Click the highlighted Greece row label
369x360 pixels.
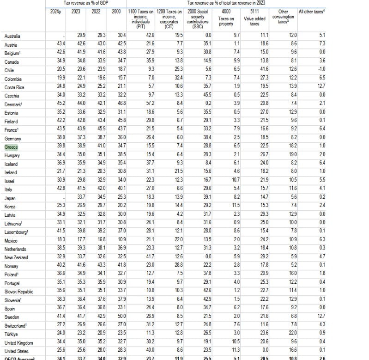pyautogui.click(x=11, y=147)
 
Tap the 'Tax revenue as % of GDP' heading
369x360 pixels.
pyautogui.click(x=86, y=3)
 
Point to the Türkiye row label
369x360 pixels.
pyautogui.click(x=12, y=334)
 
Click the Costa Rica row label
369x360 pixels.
pyautogui.click(x=15, y=87)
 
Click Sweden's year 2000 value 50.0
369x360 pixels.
pyautogui.click(x=121, y=317)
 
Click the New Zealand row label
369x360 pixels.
pyautogui.click(x=16, y=257)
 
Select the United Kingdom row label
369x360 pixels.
pyautogui.click(x=18, y=343)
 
